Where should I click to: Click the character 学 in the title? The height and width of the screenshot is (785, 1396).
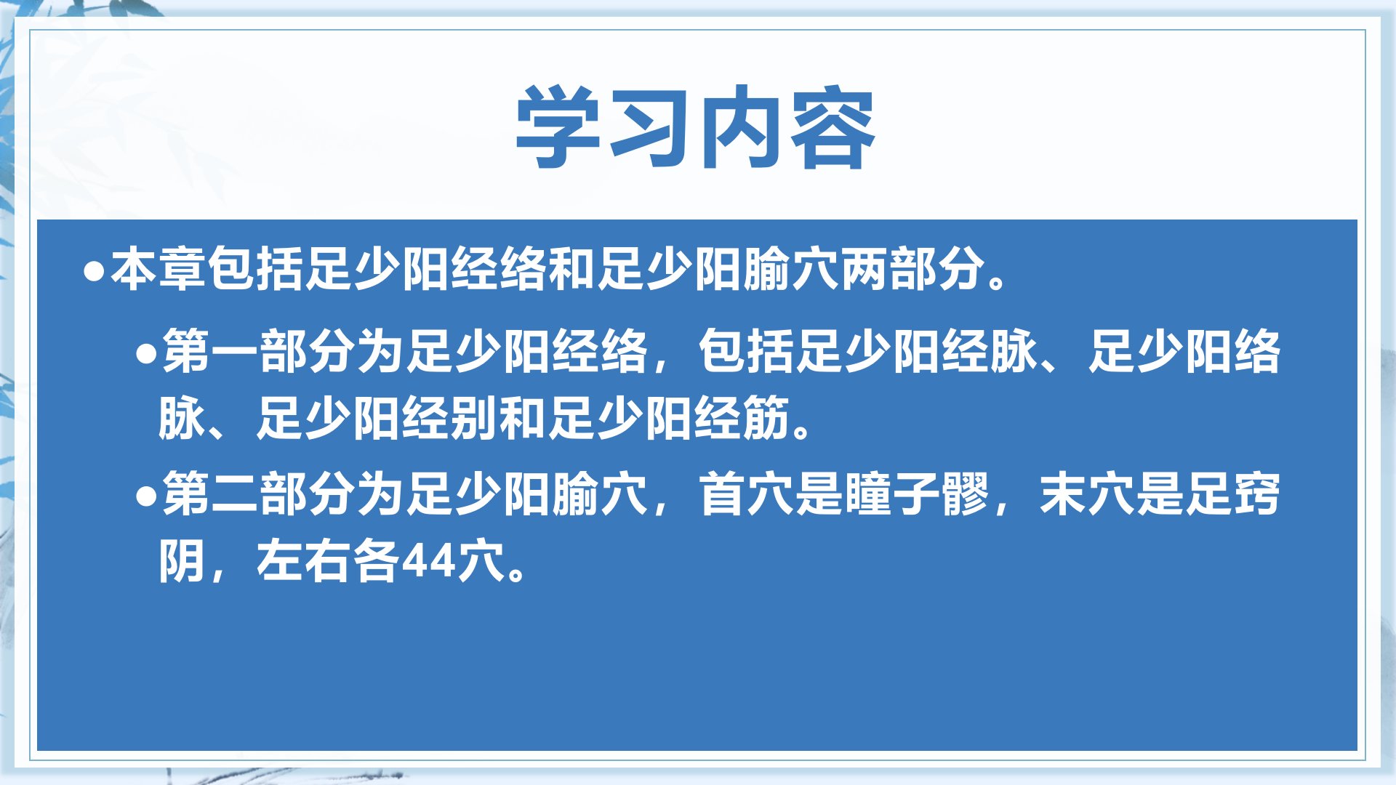(x=558, y=128)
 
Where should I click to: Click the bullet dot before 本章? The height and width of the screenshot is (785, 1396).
(x=94, y=271)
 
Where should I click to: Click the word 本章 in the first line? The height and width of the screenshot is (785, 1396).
(x=159, y=269)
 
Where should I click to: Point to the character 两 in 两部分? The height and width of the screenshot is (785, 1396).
(x=865, y=269)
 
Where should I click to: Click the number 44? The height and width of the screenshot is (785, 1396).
(x=428, y=562)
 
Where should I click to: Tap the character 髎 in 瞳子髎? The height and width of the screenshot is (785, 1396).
(x=965, y=494)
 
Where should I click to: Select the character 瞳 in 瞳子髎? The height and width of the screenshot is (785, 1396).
(x=867, y=494)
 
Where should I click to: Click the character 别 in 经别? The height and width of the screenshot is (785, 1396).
(x=474, y=418)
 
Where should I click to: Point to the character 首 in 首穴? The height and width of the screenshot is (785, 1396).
(x=722, y=494)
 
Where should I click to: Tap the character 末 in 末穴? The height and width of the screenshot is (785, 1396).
(x=1063, y=494)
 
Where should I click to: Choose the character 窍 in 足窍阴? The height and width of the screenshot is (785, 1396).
(x=1257, y=494)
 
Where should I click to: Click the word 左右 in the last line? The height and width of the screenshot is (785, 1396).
(x=305, y=561)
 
